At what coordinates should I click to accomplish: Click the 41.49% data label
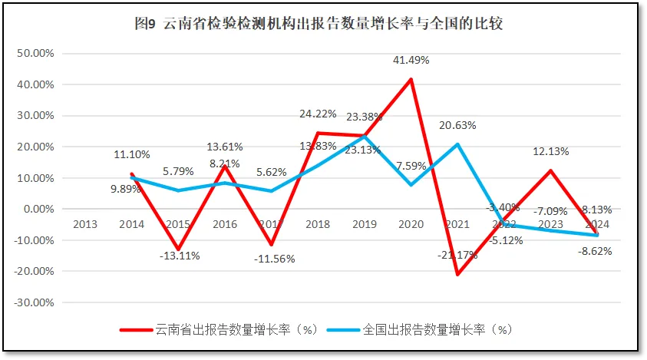411,60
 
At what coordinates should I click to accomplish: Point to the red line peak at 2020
411,79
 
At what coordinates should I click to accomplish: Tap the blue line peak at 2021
458,144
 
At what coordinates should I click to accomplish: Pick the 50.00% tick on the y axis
34,54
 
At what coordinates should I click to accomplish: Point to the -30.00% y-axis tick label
32,302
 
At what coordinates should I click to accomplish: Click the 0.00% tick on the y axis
37,209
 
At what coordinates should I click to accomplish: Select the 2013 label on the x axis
84,224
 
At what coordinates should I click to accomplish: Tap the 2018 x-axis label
317,224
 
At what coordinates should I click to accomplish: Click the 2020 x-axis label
411,224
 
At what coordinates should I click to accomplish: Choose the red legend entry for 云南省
219,329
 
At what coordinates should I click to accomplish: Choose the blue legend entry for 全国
419,329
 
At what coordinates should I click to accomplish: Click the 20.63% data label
457,125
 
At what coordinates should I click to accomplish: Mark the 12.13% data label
550,151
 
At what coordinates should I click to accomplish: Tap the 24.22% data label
318,114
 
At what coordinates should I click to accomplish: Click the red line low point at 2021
458,274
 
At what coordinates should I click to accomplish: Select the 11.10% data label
132,154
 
